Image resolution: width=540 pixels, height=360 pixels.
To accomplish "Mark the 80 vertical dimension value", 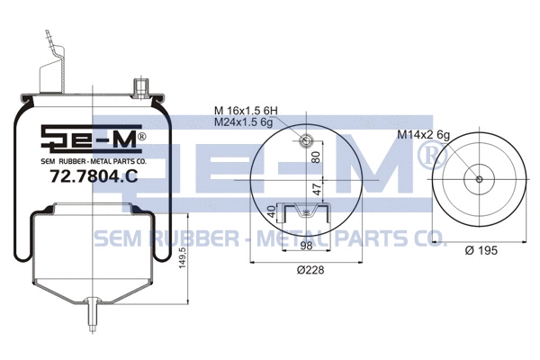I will pos(316,155).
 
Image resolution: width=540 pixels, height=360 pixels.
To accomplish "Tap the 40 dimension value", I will pos(271,213).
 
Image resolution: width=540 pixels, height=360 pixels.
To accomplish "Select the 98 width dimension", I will pos(306,246).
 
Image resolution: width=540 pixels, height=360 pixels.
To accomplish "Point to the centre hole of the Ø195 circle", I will pos(479,178).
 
